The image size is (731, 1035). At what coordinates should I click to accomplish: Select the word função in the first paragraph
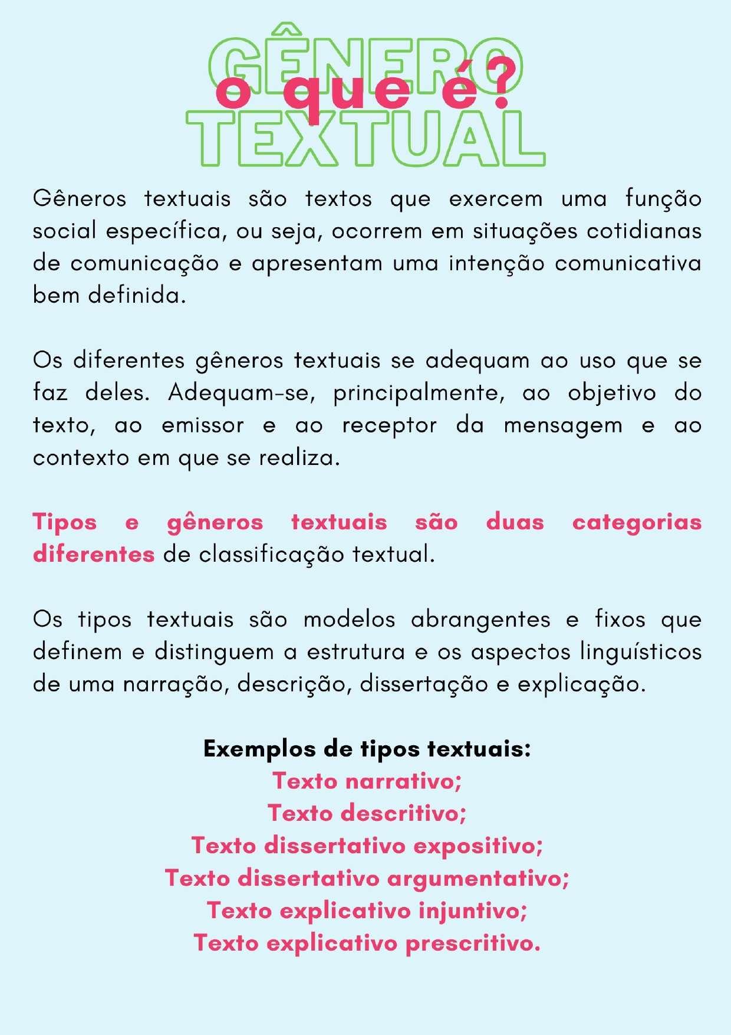(x=663, y=199)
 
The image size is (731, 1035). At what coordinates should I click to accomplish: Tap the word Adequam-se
(x=242, y=393)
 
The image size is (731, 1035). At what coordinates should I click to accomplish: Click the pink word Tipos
(x=65, y=523)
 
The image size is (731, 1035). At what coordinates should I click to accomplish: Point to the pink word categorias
(x=637, y=523)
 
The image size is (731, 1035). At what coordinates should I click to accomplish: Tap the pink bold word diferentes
(x=94, y=555)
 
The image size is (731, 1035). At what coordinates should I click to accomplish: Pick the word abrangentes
(x=480, y=620)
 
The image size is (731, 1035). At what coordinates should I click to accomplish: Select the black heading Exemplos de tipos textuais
(x=367, y=749)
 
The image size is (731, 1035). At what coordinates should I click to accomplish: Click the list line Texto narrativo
(x=367, y=781)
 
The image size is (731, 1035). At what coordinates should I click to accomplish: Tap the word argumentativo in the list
(x=478, y=879)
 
